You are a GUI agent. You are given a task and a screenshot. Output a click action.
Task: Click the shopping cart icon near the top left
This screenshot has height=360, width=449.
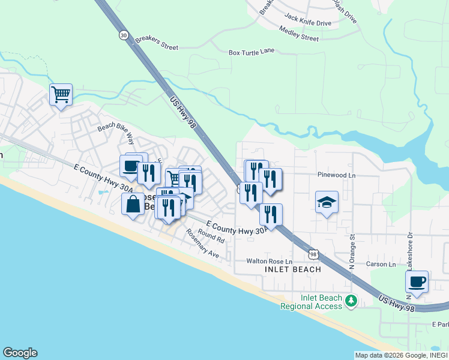click(61, 95)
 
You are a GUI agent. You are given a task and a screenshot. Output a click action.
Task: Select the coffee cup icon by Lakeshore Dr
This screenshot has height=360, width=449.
click(417, 281)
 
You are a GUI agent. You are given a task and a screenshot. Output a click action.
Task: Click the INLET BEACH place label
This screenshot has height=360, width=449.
click(293, 269)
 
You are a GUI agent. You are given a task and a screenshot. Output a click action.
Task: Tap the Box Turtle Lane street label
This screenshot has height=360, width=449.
click(252, 52)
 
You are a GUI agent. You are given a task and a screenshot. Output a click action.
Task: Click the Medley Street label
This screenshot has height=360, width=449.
click(300, 37)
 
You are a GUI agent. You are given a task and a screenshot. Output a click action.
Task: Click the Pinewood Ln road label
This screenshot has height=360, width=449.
click(337, 176)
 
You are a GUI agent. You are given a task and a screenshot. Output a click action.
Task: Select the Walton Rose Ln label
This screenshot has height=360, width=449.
click(269, 262)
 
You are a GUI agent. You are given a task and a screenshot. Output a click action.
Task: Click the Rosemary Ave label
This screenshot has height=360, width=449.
click(202, 244)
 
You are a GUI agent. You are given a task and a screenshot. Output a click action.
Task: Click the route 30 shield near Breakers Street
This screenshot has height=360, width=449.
click(124, 35)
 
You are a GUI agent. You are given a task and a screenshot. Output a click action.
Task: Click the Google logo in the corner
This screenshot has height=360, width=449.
click(20, 353)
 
